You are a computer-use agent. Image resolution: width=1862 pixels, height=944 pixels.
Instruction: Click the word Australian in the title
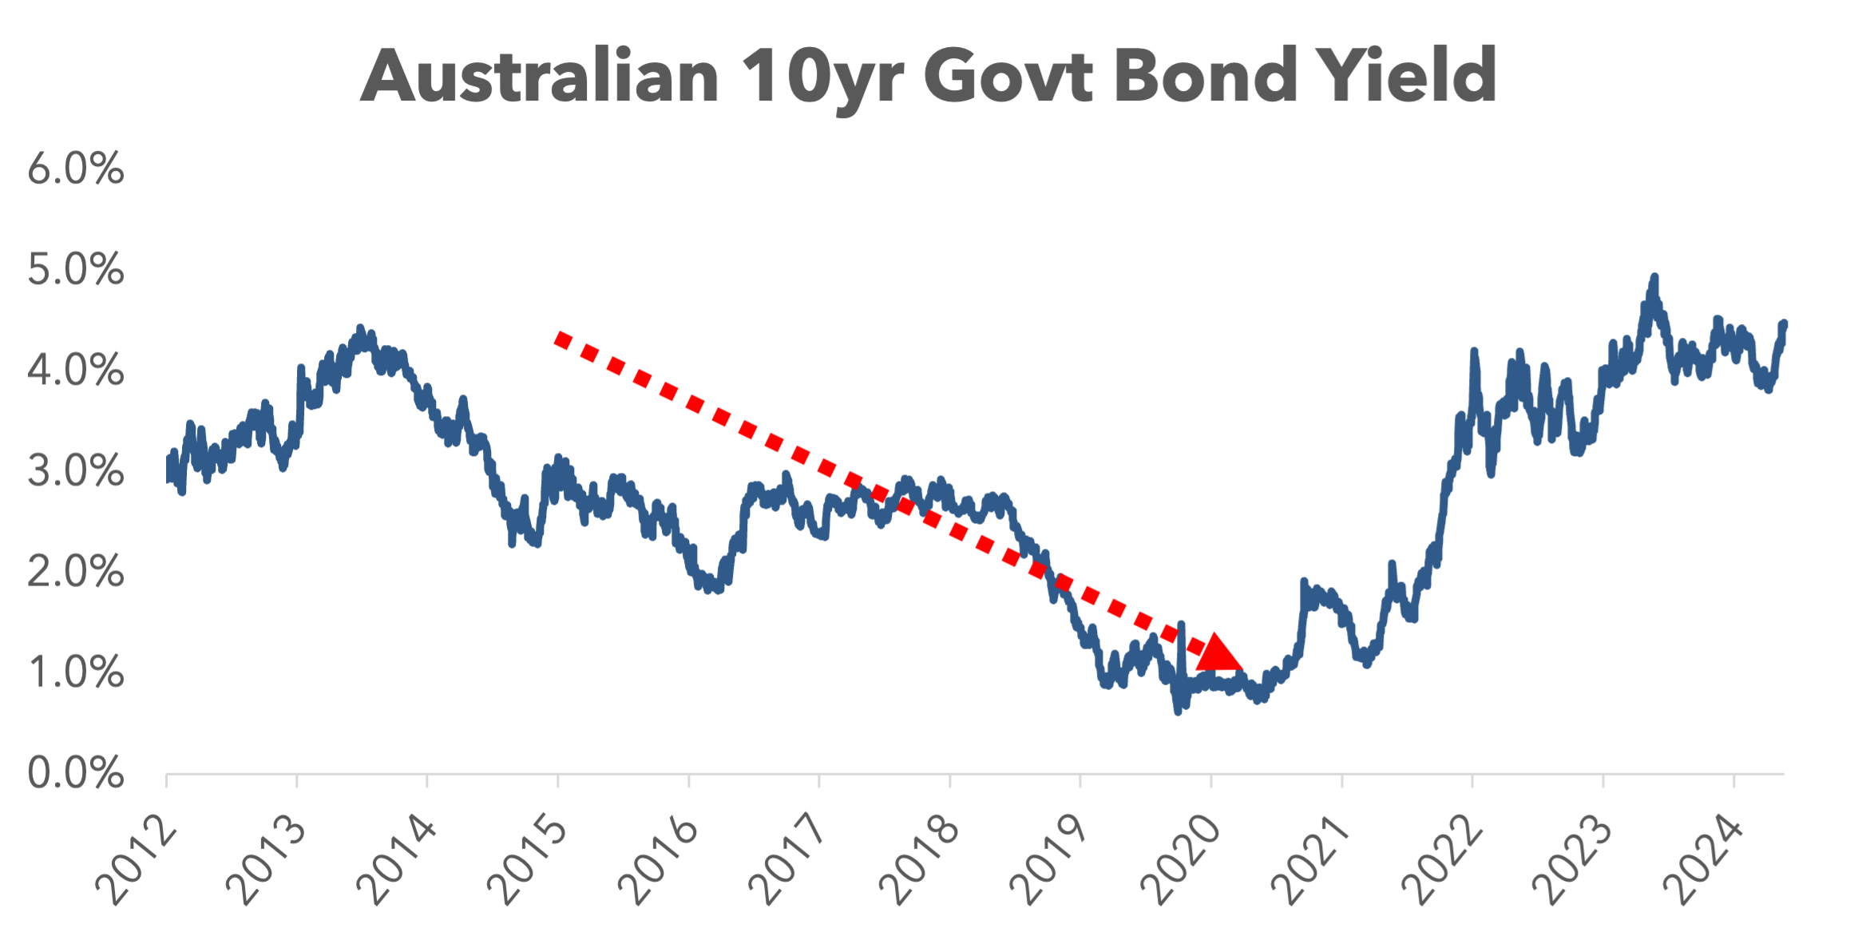pyautogui.click(x=540, y=76)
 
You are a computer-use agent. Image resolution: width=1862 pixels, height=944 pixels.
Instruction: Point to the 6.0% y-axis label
pyautogui.click(x=76, y=169)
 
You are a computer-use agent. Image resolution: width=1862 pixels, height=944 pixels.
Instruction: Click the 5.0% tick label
pyautogui.click(x=76, y=269)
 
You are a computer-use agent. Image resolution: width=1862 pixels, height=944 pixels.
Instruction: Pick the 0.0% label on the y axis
pyautogui.click(x=76, y=773)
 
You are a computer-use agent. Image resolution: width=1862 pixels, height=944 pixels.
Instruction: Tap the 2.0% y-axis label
pyautogui.click(x=76, y=572)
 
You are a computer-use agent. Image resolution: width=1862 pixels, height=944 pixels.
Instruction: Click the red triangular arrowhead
pyautogui.click(x=1218, y=653)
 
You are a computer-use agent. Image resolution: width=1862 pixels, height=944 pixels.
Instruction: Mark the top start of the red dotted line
pyautogui.click(x=561, y=339)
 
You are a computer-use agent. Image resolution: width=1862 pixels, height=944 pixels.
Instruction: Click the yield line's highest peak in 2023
pyautogui.click(x=1654, y=278)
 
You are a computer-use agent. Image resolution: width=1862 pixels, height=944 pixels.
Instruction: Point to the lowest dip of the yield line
pyautogui.click(x=1178, y=710)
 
